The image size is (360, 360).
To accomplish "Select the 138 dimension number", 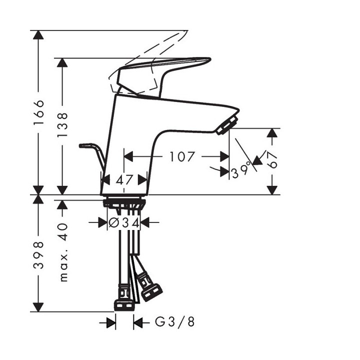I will click(62, 125).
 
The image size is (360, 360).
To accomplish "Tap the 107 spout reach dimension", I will click(181, 156).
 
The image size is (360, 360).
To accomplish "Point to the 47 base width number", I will click(124, 179).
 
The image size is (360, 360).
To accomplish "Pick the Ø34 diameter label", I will click(124, 222).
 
